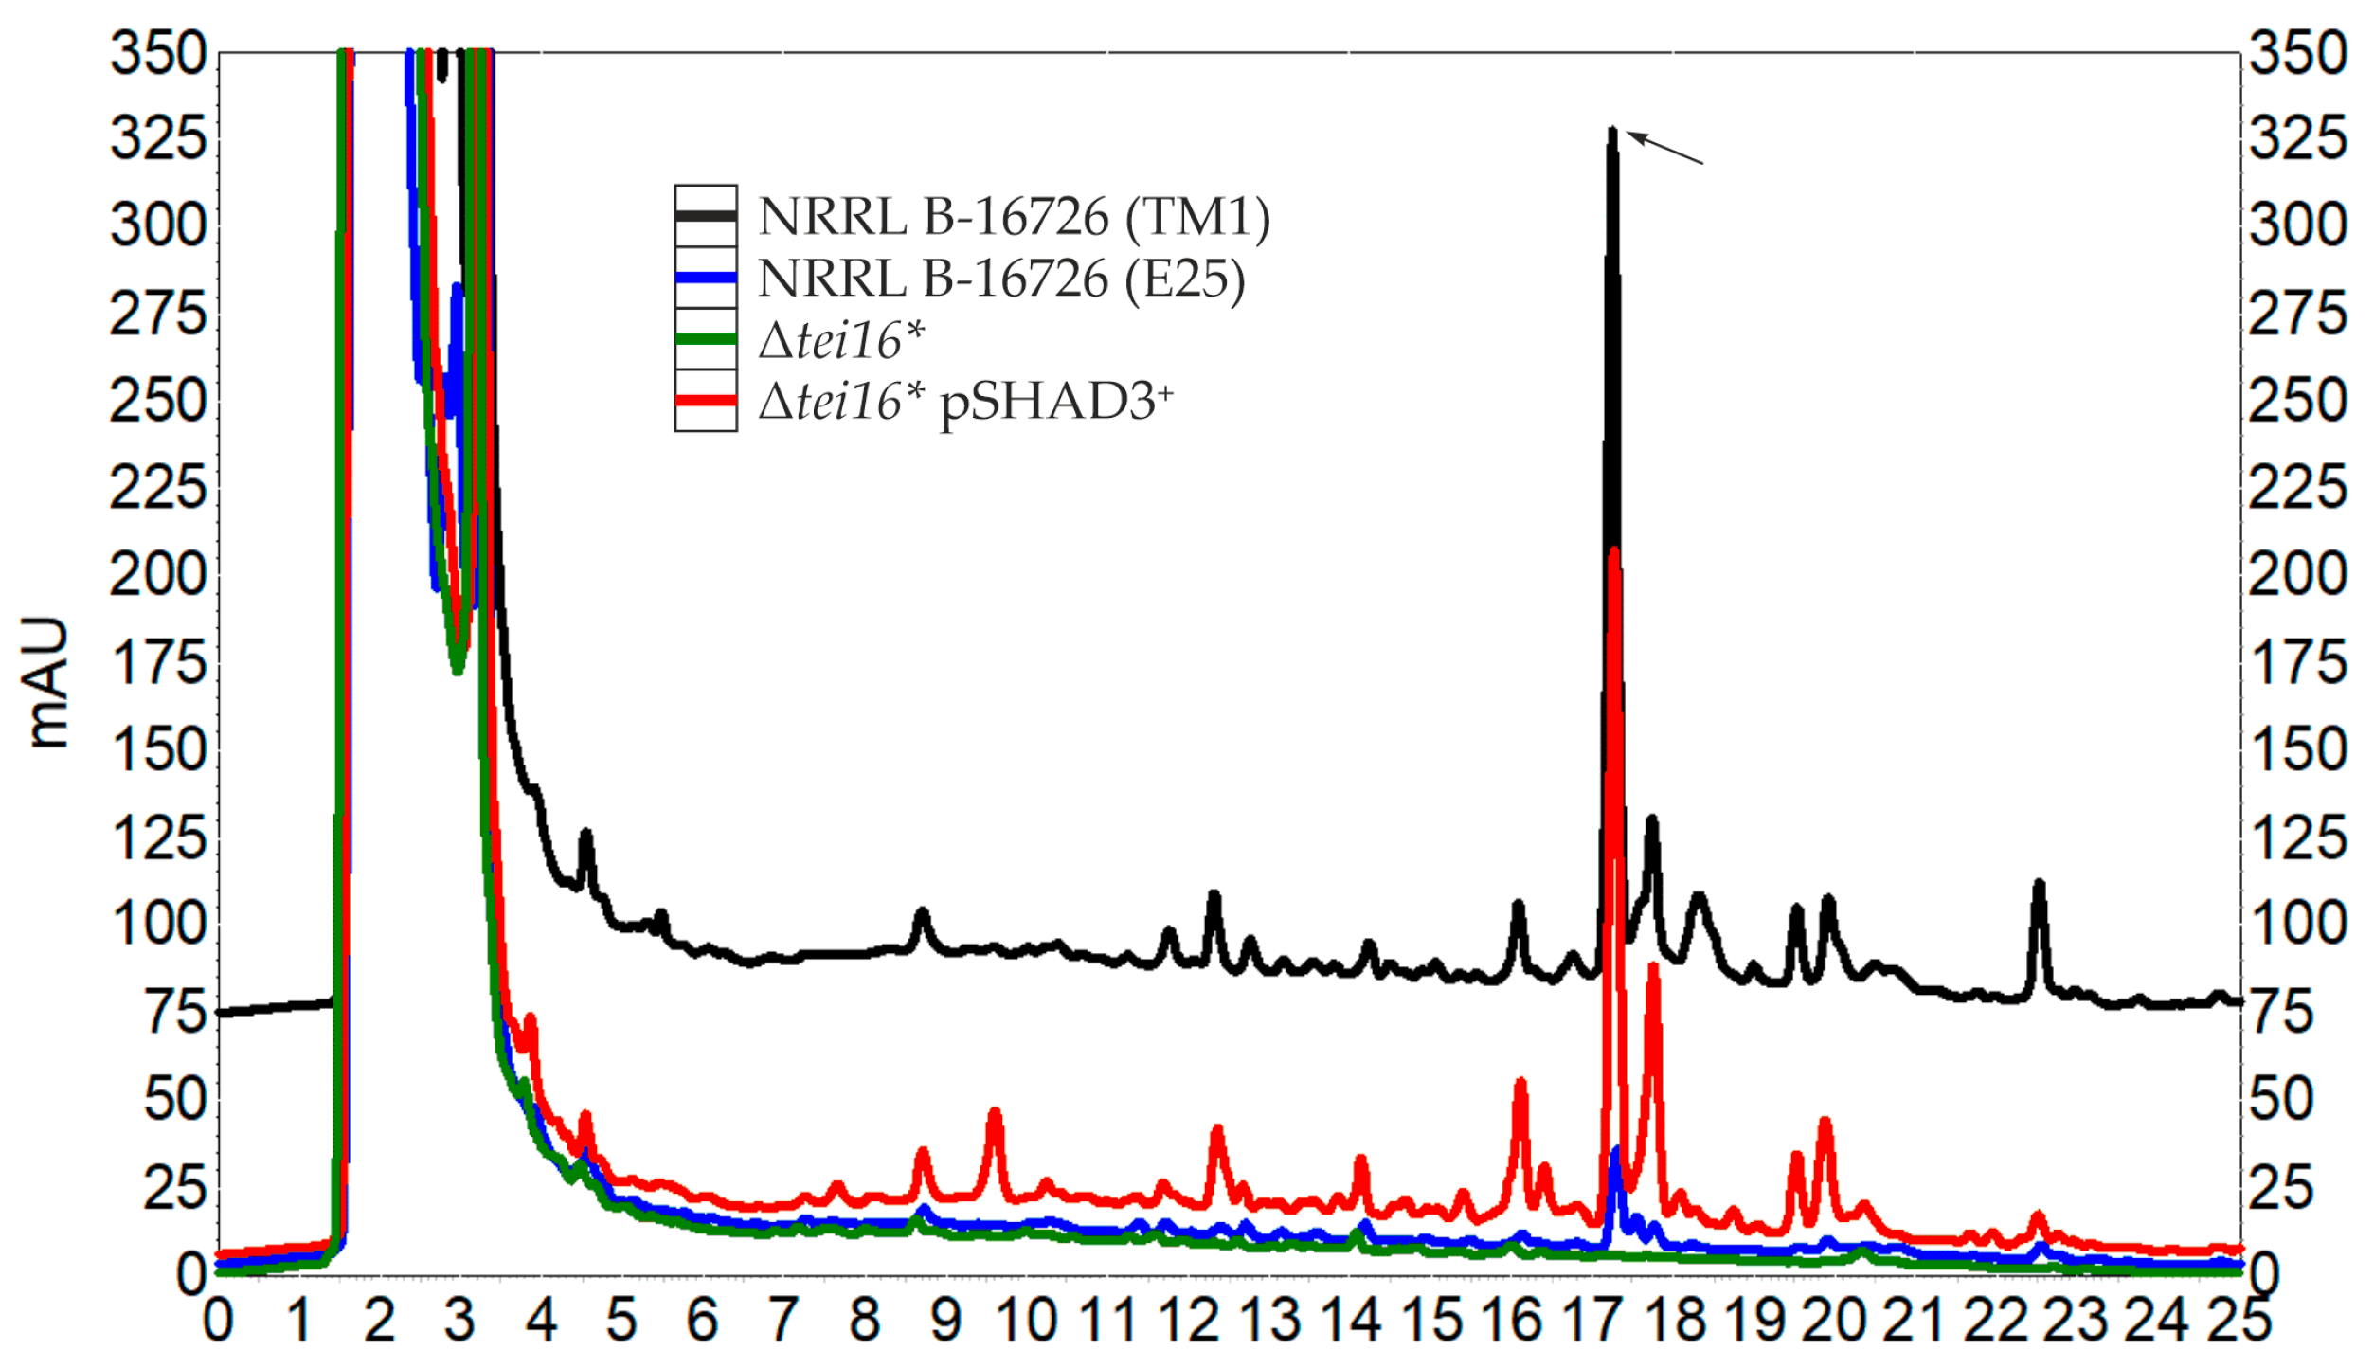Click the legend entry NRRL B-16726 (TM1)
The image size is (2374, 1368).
click(x=1014, y=217)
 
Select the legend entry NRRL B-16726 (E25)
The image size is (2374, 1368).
click(x=1001, y=279)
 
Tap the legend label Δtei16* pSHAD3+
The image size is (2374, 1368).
click(x=965, y=403)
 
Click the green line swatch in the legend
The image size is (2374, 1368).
click(x=706, y=339)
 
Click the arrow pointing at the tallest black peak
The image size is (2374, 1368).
click(x=1664, y=149)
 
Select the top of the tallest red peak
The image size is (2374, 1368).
click(x=1613, y=550)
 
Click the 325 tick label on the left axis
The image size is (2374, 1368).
click(x=158, y=138)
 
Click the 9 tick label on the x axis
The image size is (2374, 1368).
click(x=945, y=1322)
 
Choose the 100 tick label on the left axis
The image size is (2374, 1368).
click(x=158, y=924)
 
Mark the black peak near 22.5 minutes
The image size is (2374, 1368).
click(x=2039, y=886)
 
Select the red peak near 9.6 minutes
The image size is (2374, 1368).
click(x=994, y=1112)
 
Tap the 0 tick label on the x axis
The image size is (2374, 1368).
click(x=218, y=1322)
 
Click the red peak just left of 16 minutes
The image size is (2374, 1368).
click(x=1520, y=1083)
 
